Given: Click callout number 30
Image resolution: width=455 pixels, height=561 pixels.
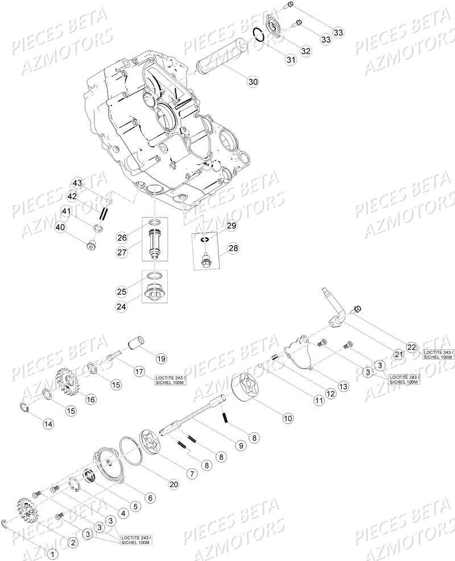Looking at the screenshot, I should click(x=253, y=82).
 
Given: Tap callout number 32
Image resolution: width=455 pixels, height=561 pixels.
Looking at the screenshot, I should click(x=306, y=51).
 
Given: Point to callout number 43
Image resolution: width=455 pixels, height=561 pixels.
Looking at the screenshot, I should click(x=77, y=183).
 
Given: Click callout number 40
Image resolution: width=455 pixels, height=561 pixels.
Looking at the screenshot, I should click(x=60, y=228).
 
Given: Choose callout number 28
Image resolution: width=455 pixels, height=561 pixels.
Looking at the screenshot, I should click(x=233, y=248).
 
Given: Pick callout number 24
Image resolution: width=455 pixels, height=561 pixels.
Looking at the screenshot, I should click(x=122, y=306).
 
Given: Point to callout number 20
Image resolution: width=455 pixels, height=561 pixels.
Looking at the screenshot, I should click(x=173, y=484).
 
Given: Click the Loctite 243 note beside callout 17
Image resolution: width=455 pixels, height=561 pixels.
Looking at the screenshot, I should click(x=170, y=380).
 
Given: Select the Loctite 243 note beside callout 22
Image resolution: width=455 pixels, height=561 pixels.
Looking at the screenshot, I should click(x=439, y=355).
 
